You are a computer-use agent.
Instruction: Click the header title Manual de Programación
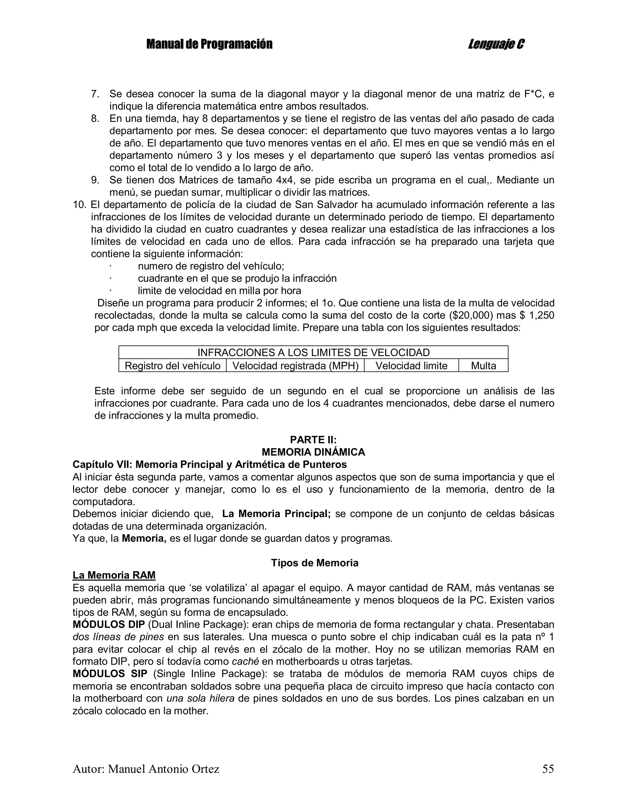click(209, 44)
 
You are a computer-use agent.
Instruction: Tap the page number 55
click(548, 769)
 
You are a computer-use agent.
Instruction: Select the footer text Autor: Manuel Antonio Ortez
click(146, 769)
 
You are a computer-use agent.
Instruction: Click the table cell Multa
click(483, 366)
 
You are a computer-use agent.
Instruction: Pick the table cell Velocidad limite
click(411, 366)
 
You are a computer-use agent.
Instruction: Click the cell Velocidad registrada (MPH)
click(295, 366)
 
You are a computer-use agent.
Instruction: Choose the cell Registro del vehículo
click(172, 366)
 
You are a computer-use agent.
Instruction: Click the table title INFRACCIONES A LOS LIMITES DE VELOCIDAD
click(313, 353)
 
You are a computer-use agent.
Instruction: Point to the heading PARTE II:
click(313, 440)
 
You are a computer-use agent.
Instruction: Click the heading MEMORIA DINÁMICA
click(313, 452)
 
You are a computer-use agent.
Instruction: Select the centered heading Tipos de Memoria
click(314, 563)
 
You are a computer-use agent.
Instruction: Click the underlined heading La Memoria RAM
click(114, 575)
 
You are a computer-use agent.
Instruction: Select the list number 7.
click(95, 94)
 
